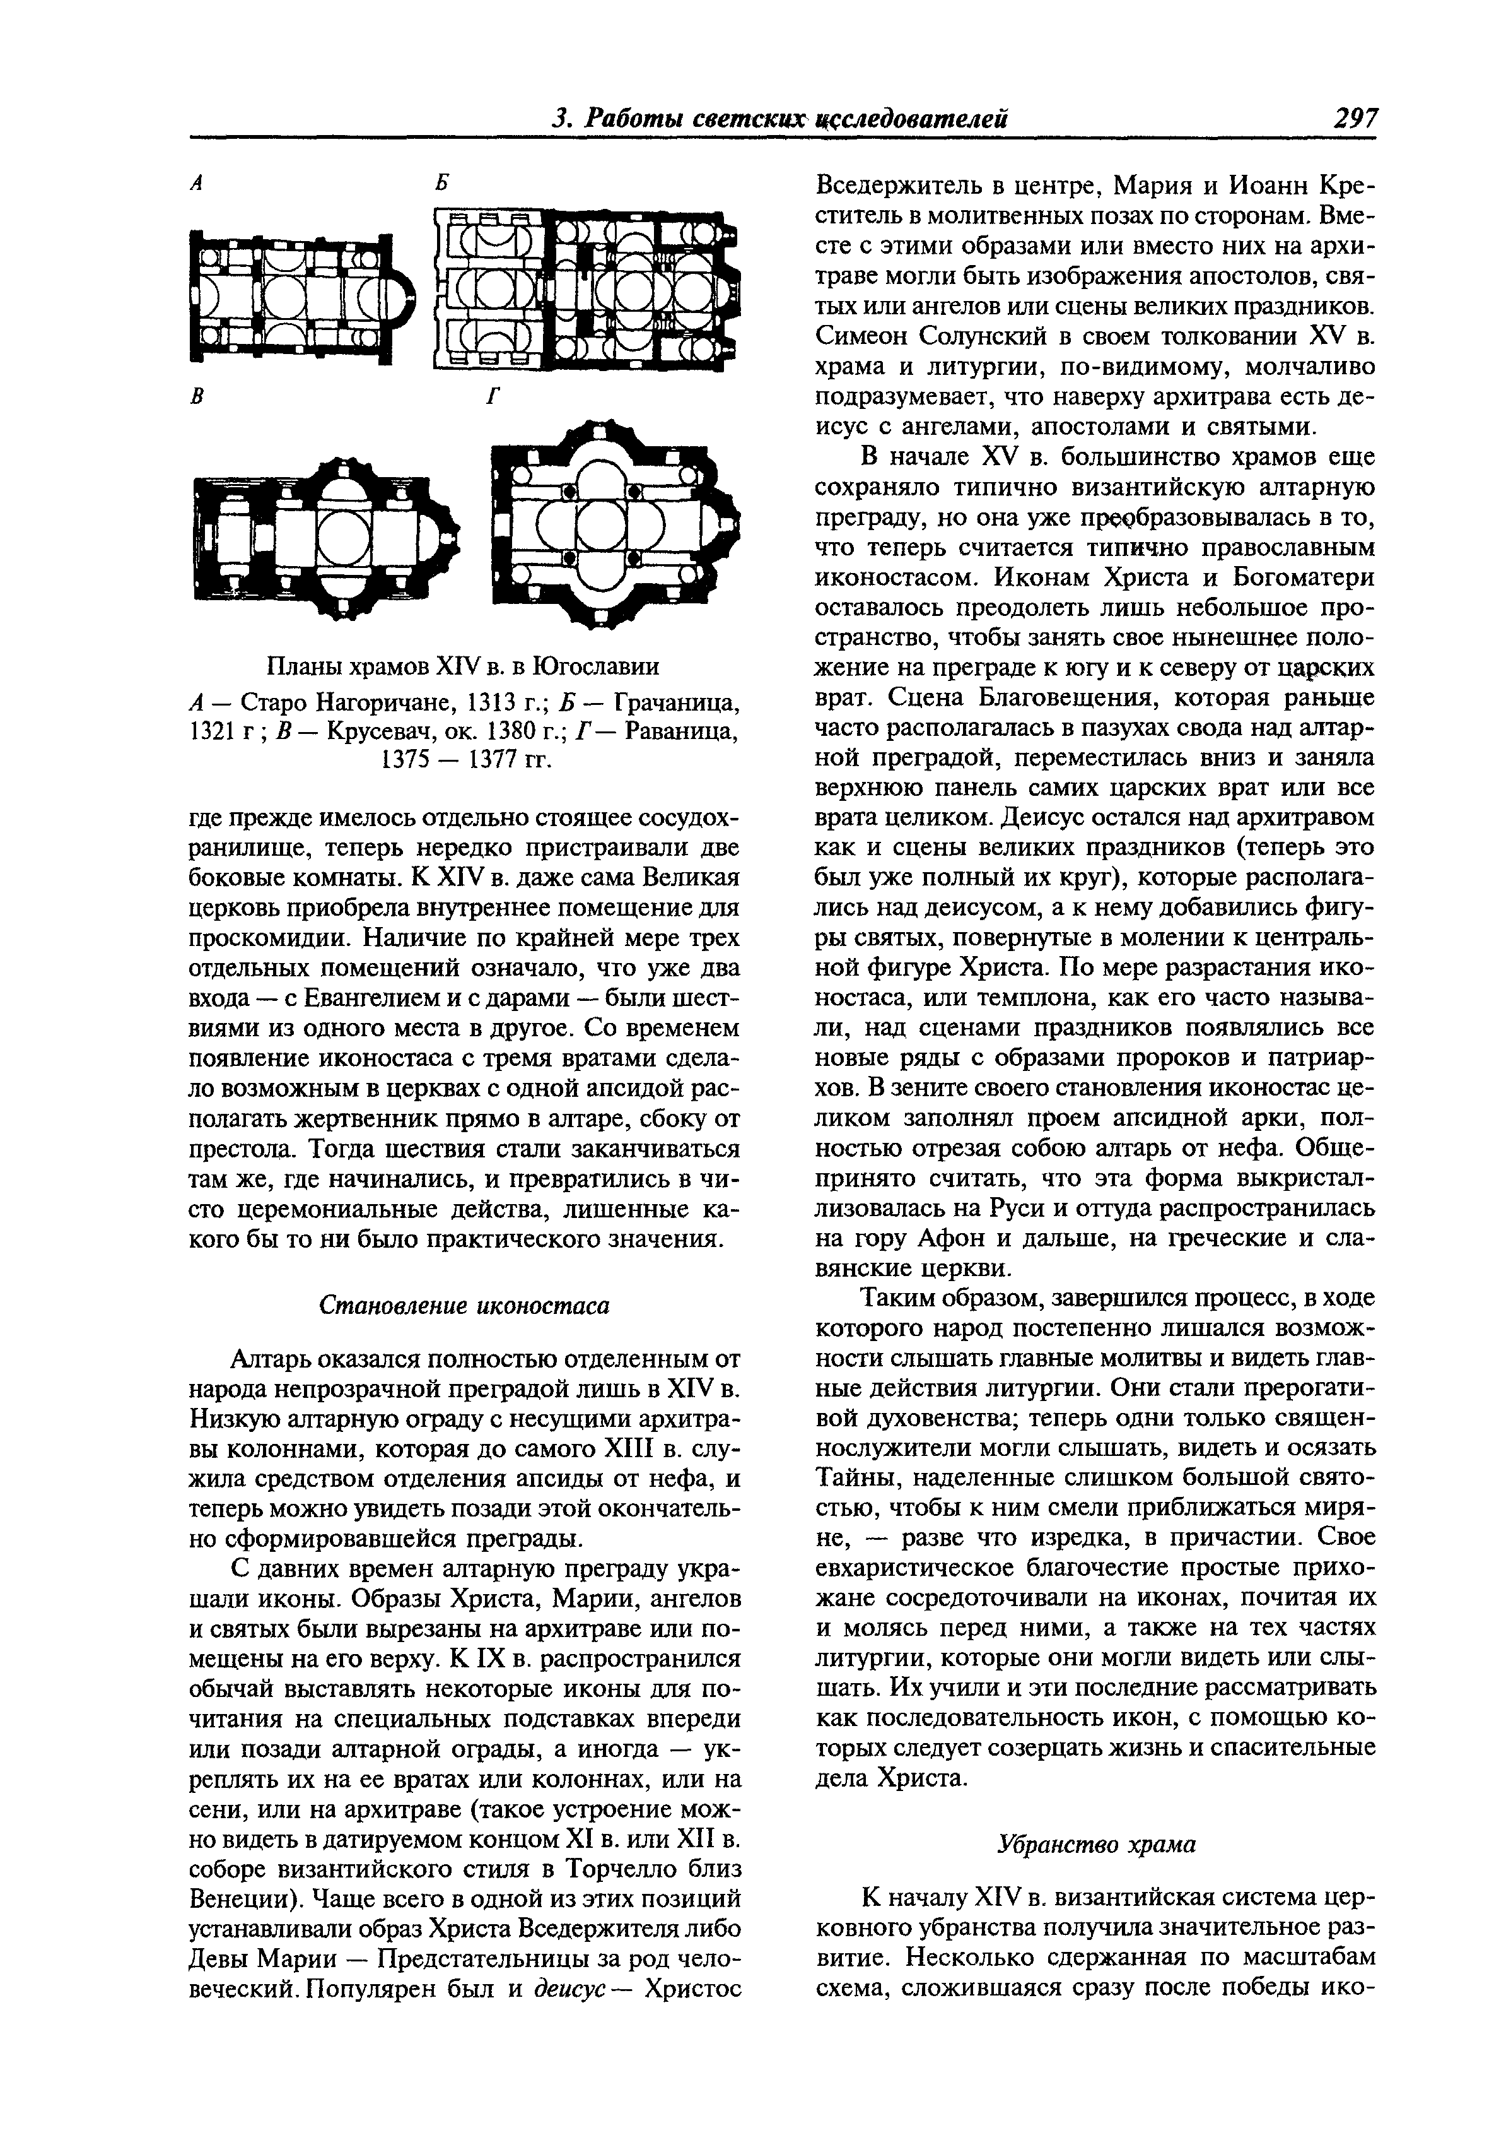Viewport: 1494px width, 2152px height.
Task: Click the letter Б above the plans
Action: click(443, 184)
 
